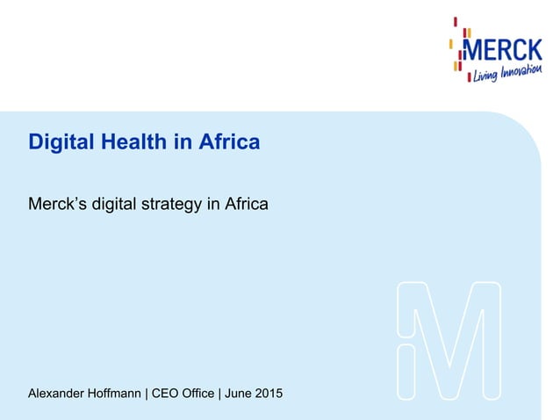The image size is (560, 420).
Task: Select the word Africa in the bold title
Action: coord(227,141)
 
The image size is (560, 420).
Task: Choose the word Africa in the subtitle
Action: coord(246,204)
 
